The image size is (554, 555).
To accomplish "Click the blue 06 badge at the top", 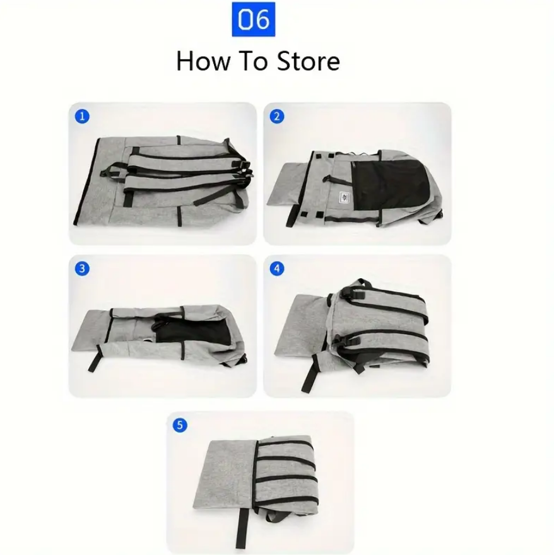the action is (x=253, y=19).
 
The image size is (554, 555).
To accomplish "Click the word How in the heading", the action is (x=203, y=61).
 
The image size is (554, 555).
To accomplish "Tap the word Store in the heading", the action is (x=308, y=61).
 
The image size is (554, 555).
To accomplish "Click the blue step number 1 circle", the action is (x=82, y=117).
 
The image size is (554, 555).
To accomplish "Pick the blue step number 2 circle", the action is (x=277, y=117).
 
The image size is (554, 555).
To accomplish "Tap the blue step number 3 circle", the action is (x=82, y=269).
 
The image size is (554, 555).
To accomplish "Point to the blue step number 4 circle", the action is (x=277, y=269).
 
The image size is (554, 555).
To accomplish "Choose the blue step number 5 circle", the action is (x=180, y=425).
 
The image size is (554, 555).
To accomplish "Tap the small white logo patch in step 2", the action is (x=345, y=197).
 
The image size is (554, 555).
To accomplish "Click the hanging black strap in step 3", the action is (x=94, y=359).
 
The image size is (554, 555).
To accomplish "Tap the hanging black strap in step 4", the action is (x=310, y=371).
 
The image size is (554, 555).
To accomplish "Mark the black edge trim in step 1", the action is (x=86, y=181).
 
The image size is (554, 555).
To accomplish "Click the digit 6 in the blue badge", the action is (x=262, y=19).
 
